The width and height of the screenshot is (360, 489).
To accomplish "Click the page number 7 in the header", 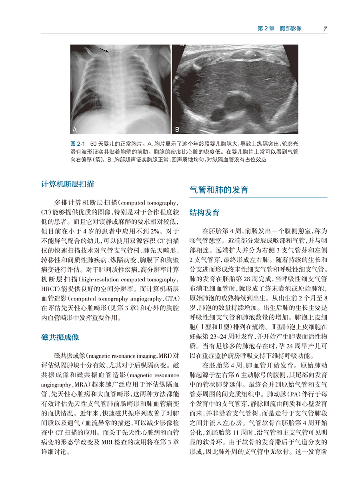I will pyautogui.click(x=325, y=28).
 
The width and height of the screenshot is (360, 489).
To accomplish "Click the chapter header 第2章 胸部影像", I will pyautogui.click(x=280, y=28).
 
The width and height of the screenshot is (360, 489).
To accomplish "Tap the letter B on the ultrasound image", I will pyautogui.click(x=178, y=129).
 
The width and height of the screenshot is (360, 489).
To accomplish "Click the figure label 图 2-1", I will pyautogui.click(x=78, y=143).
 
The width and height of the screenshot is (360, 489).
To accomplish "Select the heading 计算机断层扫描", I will pyautogui.click(x=68, y=184).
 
